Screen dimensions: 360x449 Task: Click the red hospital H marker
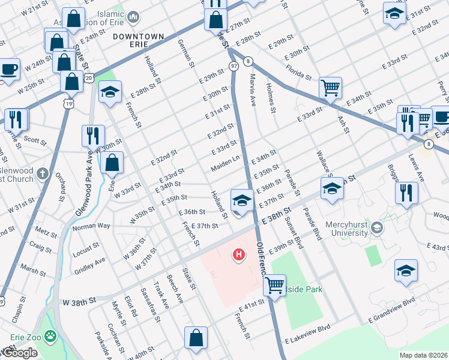click(x=239, y=255)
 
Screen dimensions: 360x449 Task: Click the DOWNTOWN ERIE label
click(x=138, y=37)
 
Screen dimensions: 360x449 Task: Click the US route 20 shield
click(x=89, y=77)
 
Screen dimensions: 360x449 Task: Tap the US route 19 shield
click(x=70, y=104)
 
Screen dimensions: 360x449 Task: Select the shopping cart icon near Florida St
click(x=330, y=88)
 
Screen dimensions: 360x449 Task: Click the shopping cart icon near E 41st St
click(x=274, y=285)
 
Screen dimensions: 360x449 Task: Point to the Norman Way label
click(x=91, y=227)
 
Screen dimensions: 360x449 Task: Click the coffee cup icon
click(x=9, y=68)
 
